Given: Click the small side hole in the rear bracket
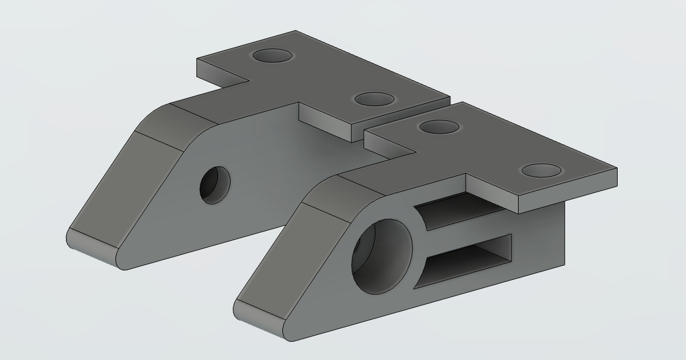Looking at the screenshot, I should (x=215, y=184).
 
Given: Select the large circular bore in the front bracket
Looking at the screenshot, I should (x=381, y=257).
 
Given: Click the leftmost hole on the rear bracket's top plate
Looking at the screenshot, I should (x=272, y=56).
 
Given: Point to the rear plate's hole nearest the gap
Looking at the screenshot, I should (x=374, y=99).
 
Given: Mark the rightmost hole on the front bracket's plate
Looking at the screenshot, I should (x=542, y=171).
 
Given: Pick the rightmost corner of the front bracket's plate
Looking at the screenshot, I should (x=616, y=169).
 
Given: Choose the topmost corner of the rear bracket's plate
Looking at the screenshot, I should (x=295, y=31).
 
